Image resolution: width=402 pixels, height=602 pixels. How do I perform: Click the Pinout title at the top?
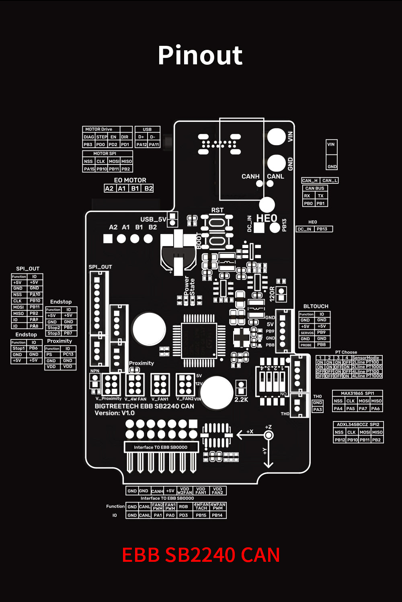pos(200,55)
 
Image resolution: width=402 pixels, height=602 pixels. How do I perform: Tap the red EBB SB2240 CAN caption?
pos(201,555)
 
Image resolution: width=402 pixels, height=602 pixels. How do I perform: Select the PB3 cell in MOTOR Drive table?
pos(88,144)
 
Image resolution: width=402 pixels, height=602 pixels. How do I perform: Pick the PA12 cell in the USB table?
pos(141,144)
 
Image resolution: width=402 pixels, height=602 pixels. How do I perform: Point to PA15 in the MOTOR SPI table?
pos(89,169)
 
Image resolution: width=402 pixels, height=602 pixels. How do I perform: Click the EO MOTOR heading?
pos(130,180)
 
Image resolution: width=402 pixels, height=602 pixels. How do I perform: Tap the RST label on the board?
pos(217,210)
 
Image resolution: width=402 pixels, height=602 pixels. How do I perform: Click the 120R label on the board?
pos(272,294)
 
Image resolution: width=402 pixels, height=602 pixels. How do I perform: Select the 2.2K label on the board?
pos(241,399)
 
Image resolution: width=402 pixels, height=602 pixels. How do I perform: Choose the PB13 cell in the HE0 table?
pos(322,229)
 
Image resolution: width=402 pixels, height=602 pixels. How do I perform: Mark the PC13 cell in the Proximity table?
pos(68,354)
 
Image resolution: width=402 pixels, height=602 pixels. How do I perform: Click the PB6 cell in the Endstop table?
pos(33,348)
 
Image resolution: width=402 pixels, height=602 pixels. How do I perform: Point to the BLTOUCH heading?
pos(316,306)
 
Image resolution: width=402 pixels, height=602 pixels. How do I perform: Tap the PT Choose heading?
pos(346,352)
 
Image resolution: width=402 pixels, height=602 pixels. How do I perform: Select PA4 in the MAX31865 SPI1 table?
pos(338,409)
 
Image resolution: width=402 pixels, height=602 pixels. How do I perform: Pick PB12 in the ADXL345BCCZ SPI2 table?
pos(340,440)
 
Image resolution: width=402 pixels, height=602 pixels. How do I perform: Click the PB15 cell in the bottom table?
pos(201,515)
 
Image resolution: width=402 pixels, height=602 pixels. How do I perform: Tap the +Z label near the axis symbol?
pos(268,427)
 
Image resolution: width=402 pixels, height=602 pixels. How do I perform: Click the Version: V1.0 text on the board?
pos(115,413)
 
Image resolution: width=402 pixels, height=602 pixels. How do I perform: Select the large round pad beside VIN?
pos(276,137)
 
